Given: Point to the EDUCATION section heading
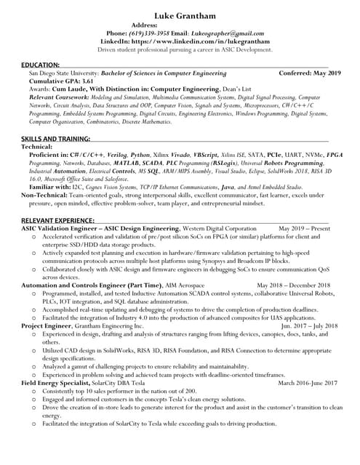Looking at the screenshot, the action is [x=40, y=65].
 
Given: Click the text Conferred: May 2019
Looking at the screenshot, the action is [x=310, y=73].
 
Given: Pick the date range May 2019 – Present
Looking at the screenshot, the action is [x=304, y=228].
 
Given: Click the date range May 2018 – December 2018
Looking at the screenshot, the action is [x=294, y=286].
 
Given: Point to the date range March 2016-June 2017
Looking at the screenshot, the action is [x=308, y=382].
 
